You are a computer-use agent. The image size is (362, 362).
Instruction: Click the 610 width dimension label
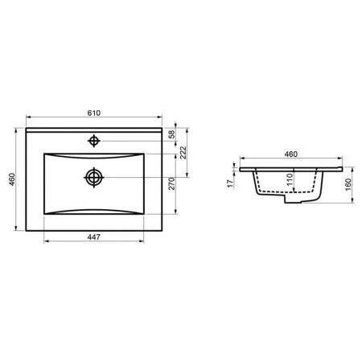(94, 113)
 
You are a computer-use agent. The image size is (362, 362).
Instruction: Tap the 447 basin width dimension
(94, 237)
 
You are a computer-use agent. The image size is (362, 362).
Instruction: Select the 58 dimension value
(172, 134)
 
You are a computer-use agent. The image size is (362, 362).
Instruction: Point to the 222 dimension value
(183, 153)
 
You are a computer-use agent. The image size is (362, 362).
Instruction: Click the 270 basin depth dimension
(171, 183)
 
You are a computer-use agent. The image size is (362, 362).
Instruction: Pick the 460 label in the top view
(12, 179)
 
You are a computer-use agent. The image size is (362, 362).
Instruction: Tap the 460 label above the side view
(291, 154)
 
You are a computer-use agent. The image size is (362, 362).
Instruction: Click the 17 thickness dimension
(230, 183)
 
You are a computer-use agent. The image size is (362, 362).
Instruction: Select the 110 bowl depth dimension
(290, 179)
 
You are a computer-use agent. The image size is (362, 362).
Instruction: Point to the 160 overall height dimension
(348, 184)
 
